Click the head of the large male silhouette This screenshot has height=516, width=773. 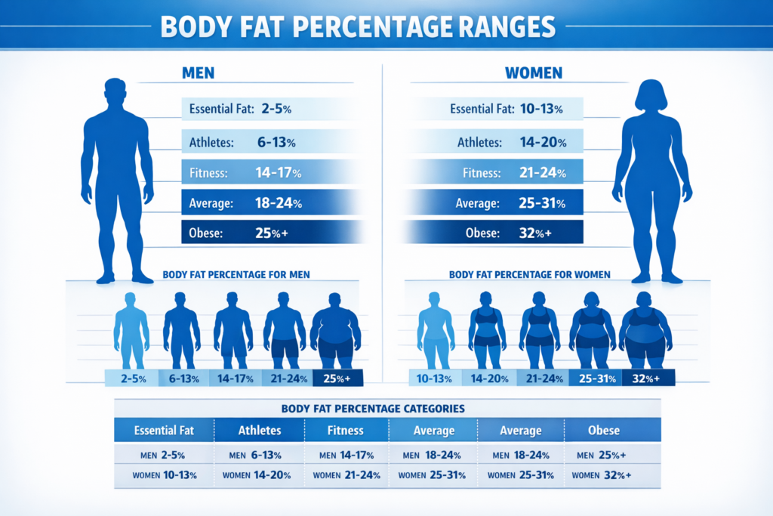click(115, 92)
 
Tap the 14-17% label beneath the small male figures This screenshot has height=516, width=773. click(236, 379)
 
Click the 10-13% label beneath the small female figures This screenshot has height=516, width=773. click(434, 379)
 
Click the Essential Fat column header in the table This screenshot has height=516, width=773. click(164, 431)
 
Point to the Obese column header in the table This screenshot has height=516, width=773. click(603, 431)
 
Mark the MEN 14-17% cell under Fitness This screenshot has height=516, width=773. click(346, 456)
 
